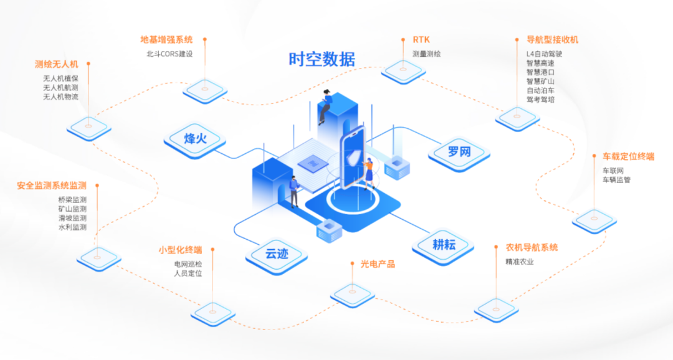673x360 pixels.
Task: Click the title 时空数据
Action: (322, 59)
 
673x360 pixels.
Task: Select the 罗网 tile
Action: (460, 151)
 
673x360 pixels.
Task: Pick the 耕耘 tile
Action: (444, 244)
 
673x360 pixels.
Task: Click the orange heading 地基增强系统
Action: (166, 40)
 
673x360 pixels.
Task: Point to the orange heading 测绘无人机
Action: (56, 64)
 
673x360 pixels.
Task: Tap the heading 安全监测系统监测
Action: (52, 186)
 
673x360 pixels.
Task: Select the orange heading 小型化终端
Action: (180, 250)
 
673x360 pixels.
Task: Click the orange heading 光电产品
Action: (378, 264)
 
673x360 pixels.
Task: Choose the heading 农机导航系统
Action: (532, 248)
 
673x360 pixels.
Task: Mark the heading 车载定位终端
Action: (628, 156)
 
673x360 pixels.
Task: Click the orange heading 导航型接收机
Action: (552, 40)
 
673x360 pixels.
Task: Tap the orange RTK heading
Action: (421, 40)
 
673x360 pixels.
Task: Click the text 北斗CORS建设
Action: (169, 54)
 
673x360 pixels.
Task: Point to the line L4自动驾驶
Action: (544, 54)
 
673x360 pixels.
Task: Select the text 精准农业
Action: (520, 262)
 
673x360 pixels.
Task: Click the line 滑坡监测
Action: (72, 218)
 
